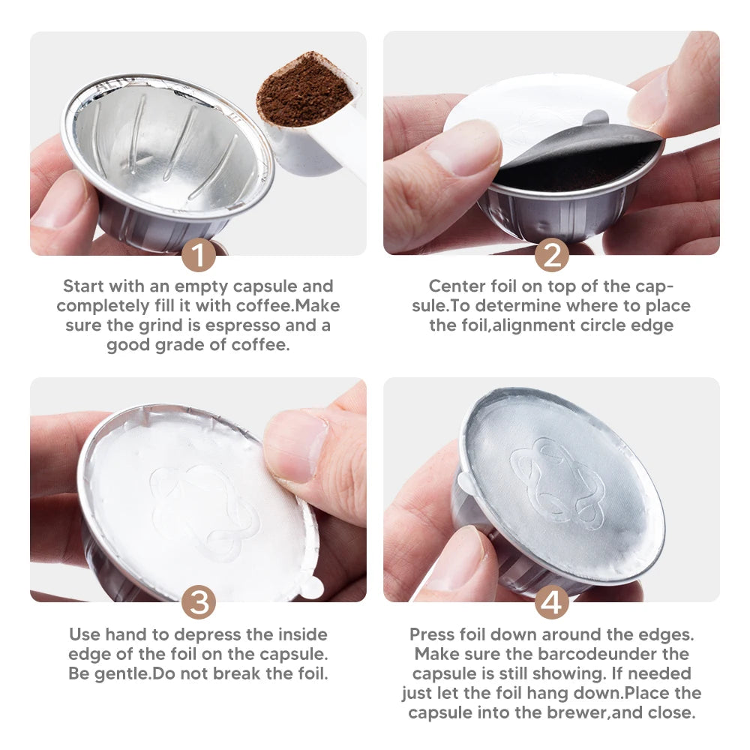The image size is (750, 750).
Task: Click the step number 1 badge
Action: pos(198,256)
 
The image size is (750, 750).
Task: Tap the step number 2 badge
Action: pos(551,256)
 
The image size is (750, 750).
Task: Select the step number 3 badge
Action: pos(198,603)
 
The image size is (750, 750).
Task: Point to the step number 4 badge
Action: pos(551,603)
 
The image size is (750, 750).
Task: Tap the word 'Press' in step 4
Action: pos(432,634)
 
